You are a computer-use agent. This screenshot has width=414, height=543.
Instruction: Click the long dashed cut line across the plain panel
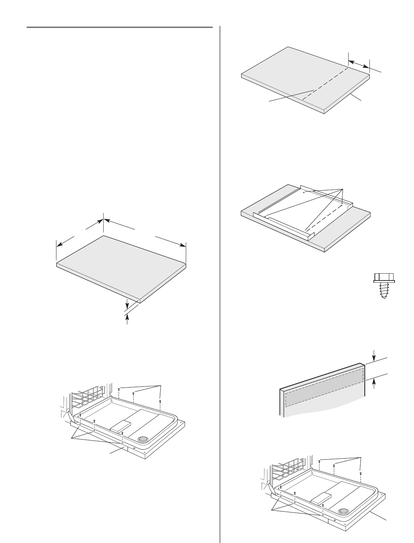(x=325, y=82)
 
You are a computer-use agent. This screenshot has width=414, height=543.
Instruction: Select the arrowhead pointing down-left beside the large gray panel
(x=60, y=243)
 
